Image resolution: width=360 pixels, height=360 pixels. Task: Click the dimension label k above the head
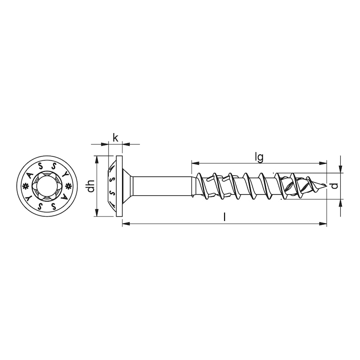[x=116, y=138]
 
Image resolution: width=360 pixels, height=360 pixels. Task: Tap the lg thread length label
[x=259, y=157]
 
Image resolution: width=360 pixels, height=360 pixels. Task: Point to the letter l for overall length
[x=225, y=217]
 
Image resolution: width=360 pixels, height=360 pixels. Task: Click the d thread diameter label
[x=333, y=186]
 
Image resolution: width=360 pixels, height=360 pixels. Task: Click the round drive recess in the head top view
[x=47, y=186]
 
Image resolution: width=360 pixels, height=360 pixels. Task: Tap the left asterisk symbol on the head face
[x=25, y=186]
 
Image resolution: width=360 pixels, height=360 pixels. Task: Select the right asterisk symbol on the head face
[x=68, y=186]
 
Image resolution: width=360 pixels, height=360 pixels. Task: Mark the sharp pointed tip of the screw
[x=325, y=186]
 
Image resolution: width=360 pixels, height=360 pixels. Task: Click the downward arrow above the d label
[x=341, y=170]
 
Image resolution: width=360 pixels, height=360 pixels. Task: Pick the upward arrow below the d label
[x=341, y=202]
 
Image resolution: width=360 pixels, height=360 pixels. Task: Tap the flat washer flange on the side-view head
[x=119, y=186]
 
